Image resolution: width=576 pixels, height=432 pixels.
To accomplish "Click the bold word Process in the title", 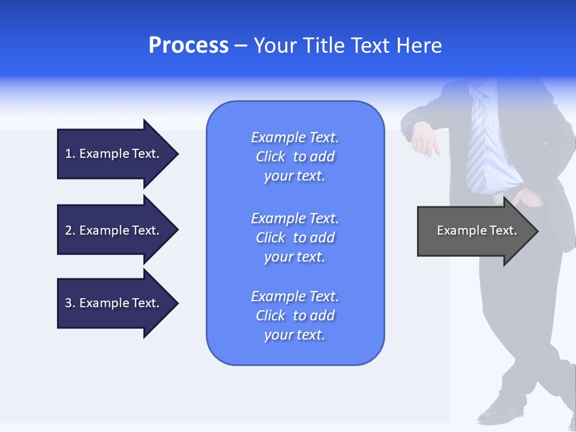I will pyautogui.click(x=188, y=46).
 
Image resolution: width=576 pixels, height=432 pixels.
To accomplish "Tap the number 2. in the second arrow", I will pyautogui.click(x=70, y=230).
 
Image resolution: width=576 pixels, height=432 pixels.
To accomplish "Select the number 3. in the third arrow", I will pyautogui.click(x=70, y=303).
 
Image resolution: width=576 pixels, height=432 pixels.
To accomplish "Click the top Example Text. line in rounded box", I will pyautogui.click(x=295, y=137).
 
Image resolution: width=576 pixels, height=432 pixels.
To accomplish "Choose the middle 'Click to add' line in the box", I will pyautogui.click(x=295, y=238).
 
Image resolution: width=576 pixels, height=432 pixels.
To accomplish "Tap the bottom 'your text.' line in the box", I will pyautogui.click(x=295, y=335).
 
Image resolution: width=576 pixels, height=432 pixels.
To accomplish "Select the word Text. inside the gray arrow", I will pyautogui.click(x=504, y=230).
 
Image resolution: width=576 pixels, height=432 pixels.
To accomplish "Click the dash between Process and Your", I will pyautogui.click(x=241, y=46).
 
